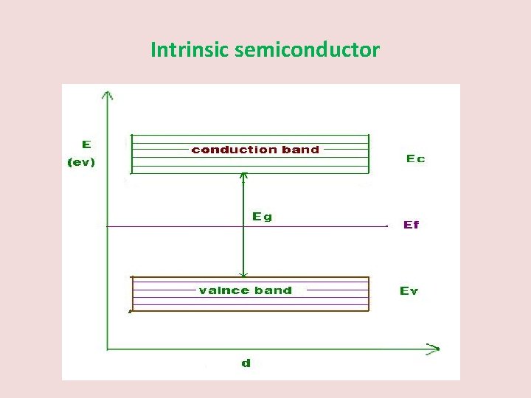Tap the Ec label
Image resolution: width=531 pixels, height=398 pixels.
[415, 158]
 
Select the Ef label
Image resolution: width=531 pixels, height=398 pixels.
[411, 225]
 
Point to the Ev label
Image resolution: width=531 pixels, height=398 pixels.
[409, 291]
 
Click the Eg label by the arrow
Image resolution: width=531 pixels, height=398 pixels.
[261, 216]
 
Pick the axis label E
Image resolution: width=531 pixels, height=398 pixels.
[86, 145]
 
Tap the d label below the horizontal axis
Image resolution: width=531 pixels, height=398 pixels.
[246, 363]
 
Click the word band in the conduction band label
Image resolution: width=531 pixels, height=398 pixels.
[301, 150]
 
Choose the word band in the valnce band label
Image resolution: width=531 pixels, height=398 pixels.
[274, 290]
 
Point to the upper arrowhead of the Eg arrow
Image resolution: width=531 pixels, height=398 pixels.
[244, 175]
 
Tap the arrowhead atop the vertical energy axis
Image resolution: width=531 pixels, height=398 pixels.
[108, 94]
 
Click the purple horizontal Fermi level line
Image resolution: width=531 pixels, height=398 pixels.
[177, 227]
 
